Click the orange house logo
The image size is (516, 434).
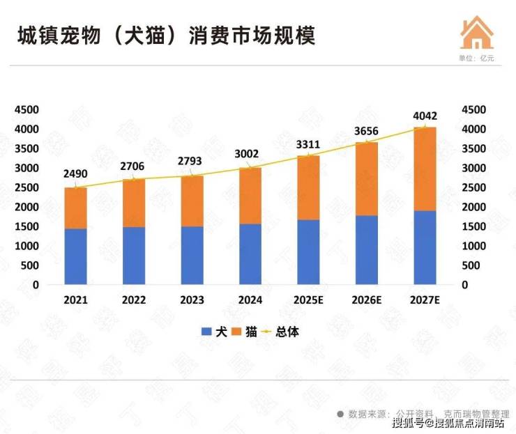(x=476, y=31)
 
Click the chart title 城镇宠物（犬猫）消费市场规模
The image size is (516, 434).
(x=167, y=36)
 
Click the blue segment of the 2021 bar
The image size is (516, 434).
(x=75, y=256)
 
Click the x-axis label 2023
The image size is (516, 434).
(x=192, y=300)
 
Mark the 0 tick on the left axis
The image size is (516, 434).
(x=36, y=285)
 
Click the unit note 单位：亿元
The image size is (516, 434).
(x=476, y=58)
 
